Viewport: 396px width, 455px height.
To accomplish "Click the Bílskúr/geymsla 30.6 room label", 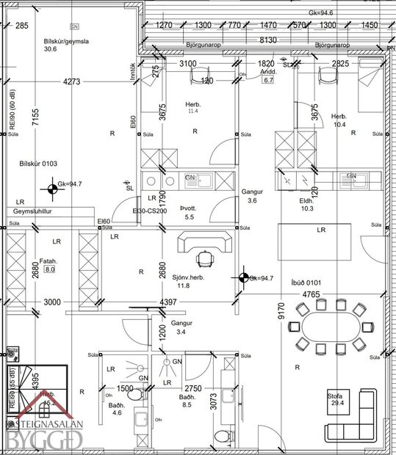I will [x=60, y=45].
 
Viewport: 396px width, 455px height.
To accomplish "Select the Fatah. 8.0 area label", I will [x=49, y=265].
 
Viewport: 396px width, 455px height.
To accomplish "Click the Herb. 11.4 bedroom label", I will [x=193, y=107].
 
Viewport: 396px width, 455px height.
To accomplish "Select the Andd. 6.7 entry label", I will [x=267, y=76].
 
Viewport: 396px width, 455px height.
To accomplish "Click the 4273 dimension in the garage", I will [x=72, y=81].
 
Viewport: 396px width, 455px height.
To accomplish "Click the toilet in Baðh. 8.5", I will [x=220, y=437].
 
